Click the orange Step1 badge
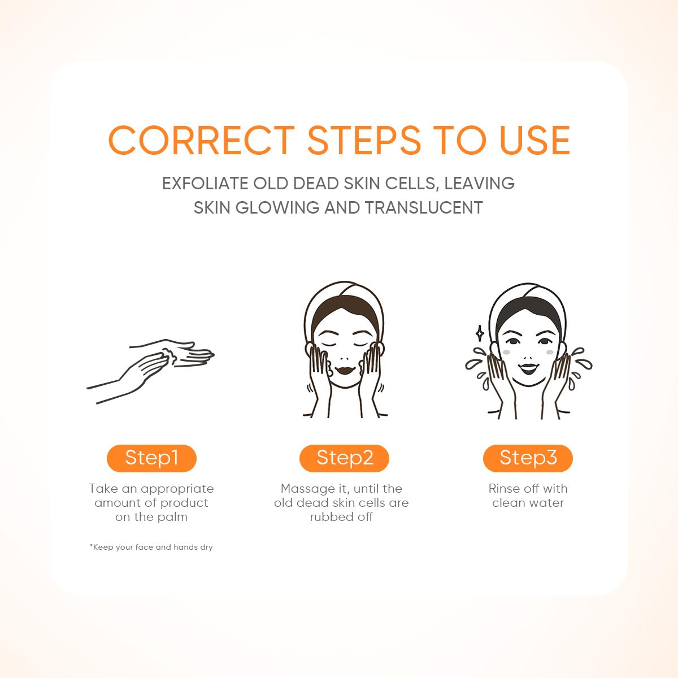[151, 458]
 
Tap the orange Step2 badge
[344, 458]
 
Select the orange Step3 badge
[528, 458]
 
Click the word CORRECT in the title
[202, 140]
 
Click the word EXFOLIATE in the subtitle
[205, 184]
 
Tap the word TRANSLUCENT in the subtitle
[423, 207]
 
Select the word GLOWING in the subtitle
[277, 207]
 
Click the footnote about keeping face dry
[151, 547]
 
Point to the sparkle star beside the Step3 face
[479, 333]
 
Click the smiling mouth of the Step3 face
[528, 369]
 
